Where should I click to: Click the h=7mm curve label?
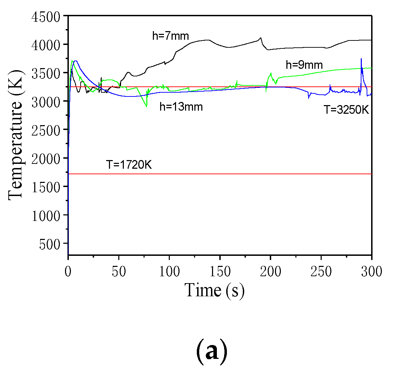171,36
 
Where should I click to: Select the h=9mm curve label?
304,65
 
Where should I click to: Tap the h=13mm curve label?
181,107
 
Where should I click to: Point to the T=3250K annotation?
346,110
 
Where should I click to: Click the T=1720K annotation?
129,165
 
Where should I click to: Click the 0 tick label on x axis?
68,271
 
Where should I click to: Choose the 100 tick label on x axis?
169,271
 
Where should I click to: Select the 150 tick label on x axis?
220,271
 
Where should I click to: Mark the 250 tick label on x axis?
321,271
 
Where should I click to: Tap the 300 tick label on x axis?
371,271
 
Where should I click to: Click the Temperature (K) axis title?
16,135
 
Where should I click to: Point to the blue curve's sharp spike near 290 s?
361,59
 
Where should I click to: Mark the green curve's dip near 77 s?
147,106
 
